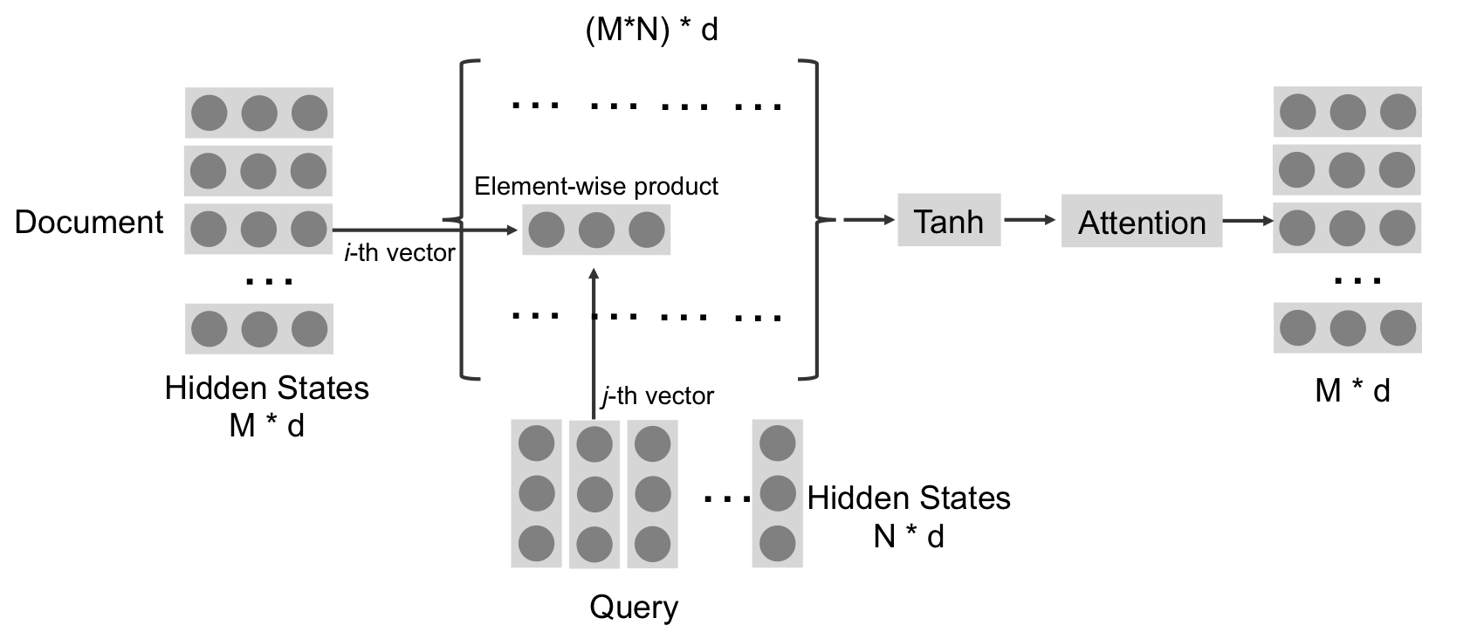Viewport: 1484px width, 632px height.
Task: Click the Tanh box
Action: [949, 221]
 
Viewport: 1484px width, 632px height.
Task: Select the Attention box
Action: [1141, 222]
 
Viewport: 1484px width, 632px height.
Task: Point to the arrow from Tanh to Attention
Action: [1030, 220]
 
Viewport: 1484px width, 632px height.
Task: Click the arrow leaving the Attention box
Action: [1247, 221]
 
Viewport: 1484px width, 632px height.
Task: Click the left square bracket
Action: [463, 218]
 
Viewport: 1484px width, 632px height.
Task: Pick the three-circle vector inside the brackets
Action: [596, 230]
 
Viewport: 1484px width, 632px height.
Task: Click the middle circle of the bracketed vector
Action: [596, 230]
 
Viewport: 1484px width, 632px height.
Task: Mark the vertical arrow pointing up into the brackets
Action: [594, 340]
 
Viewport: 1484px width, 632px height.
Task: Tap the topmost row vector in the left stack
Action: [259, 113]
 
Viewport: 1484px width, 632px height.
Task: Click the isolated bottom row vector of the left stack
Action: [259, 328]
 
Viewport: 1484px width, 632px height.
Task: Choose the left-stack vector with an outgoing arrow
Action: [258, 229]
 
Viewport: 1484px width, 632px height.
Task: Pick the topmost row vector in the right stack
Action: [1348, 112]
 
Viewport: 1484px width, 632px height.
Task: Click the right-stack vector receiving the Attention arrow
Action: [1347, 228]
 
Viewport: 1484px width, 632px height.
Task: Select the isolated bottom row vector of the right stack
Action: [1348, 327]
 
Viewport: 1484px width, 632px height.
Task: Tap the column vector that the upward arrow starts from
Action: [594, 494]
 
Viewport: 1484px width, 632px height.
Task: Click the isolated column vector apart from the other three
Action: [777, 494]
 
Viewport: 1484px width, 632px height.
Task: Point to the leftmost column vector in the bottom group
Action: [536, 494]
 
